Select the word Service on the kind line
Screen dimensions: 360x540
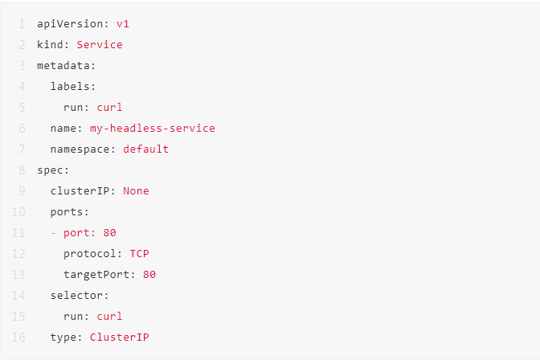100,44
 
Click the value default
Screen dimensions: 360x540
145,149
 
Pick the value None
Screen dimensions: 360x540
136,190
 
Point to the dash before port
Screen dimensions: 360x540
54,232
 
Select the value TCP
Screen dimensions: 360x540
139,253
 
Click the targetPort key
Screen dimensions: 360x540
96,274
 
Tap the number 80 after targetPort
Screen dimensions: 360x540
149,274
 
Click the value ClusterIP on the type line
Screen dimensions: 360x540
119,337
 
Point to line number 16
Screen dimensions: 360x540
18,337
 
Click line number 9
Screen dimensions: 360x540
22,190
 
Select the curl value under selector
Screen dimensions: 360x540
109,316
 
